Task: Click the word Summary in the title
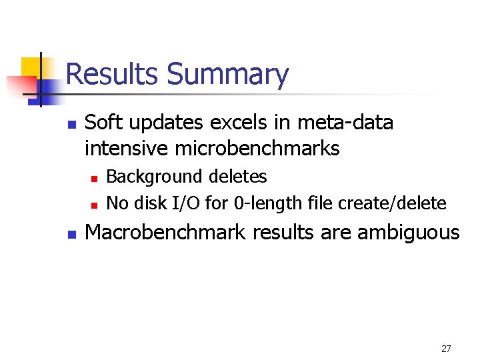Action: click(228, 74)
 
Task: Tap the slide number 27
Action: click(446, 349)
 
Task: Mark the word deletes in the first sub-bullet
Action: click(237, 177)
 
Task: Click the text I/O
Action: click(187, 202)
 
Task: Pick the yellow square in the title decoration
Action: click(31, 67)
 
